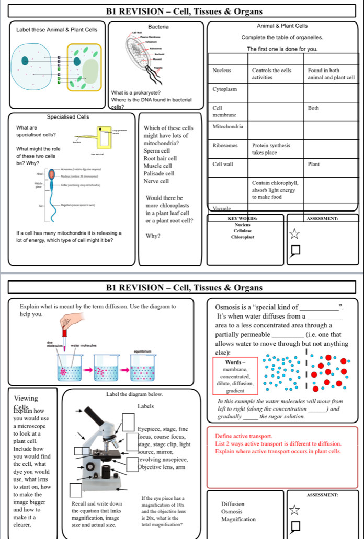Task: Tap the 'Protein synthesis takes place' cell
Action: click(271, 148)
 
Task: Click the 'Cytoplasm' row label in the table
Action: click(224, 90)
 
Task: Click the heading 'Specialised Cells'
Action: click(68, 116)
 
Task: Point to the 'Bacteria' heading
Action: click(158, 26)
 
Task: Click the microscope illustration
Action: click(102, 454)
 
